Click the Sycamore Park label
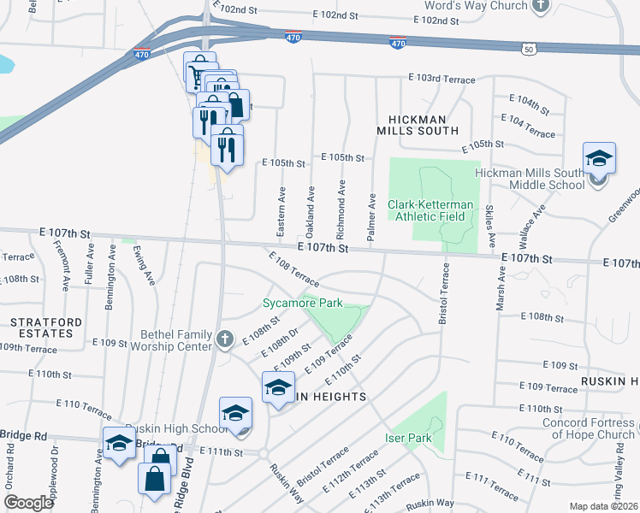[301, 303]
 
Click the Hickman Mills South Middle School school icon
[599, 158]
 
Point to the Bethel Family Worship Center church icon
[225, 339]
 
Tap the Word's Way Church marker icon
[540, 6]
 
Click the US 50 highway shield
[530, 50]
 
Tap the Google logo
[28, 502]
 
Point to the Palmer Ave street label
[372, 221]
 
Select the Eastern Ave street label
[281, 209]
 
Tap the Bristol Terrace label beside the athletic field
[443, 292]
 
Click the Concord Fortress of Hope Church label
[588, 428]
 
